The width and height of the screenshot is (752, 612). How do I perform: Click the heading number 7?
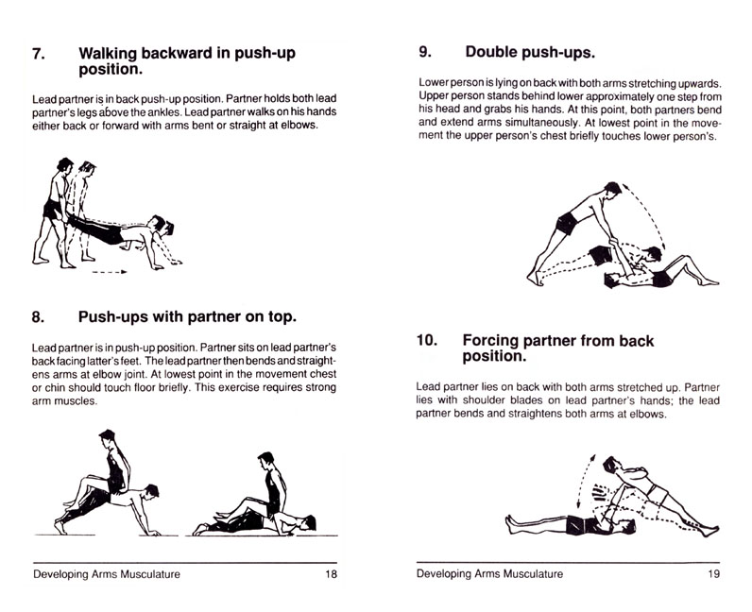pos(39,53)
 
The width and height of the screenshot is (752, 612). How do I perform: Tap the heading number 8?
pos(39,317)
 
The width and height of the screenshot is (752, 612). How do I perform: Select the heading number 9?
pos(425,52)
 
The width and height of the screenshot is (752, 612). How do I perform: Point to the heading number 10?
pos(427,340)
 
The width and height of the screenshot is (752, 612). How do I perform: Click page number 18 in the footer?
pos(331,573)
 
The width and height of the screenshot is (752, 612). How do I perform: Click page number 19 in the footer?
pos(713,573)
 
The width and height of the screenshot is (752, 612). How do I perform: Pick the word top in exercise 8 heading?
pos(283,317)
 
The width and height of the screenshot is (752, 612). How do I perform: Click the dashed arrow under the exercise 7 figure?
pos(110,272)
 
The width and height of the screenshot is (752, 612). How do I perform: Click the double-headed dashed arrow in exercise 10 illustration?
pos(584,481)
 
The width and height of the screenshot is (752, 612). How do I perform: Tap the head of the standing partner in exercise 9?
pos(612,189)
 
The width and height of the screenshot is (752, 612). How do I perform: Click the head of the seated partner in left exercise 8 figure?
pos(107,436)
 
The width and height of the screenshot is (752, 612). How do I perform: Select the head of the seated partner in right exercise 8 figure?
pos(265,460)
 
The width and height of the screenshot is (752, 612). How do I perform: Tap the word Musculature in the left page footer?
pos(150,573)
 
